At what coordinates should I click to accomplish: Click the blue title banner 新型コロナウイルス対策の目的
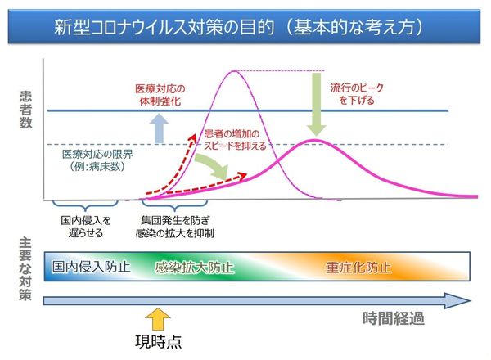244,26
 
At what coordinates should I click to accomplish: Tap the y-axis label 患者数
25,110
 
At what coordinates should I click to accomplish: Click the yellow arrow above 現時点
158,318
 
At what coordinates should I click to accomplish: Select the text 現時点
159,341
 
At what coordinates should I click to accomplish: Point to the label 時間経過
394,318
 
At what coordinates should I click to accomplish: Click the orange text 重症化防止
359,268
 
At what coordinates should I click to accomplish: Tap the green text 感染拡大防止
195,268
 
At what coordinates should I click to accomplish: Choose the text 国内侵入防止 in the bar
91,267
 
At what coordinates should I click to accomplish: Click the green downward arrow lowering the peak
317,104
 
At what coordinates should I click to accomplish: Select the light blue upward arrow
159,128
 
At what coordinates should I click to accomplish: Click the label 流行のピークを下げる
357,94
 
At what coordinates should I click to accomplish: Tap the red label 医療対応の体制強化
160,95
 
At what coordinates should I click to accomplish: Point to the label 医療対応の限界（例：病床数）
97,160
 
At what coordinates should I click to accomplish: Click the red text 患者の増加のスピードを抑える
235,140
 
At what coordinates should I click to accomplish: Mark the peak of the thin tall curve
234,71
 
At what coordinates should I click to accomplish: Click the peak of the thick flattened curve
315,140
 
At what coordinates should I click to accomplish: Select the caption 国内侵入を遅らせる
85,227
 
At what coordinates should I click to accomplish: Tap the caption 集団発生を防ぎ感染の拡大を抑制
175,227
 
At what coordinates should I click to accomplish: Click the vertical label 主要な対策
25,269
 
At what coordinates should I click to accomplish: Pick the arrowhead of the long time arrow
457,301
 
